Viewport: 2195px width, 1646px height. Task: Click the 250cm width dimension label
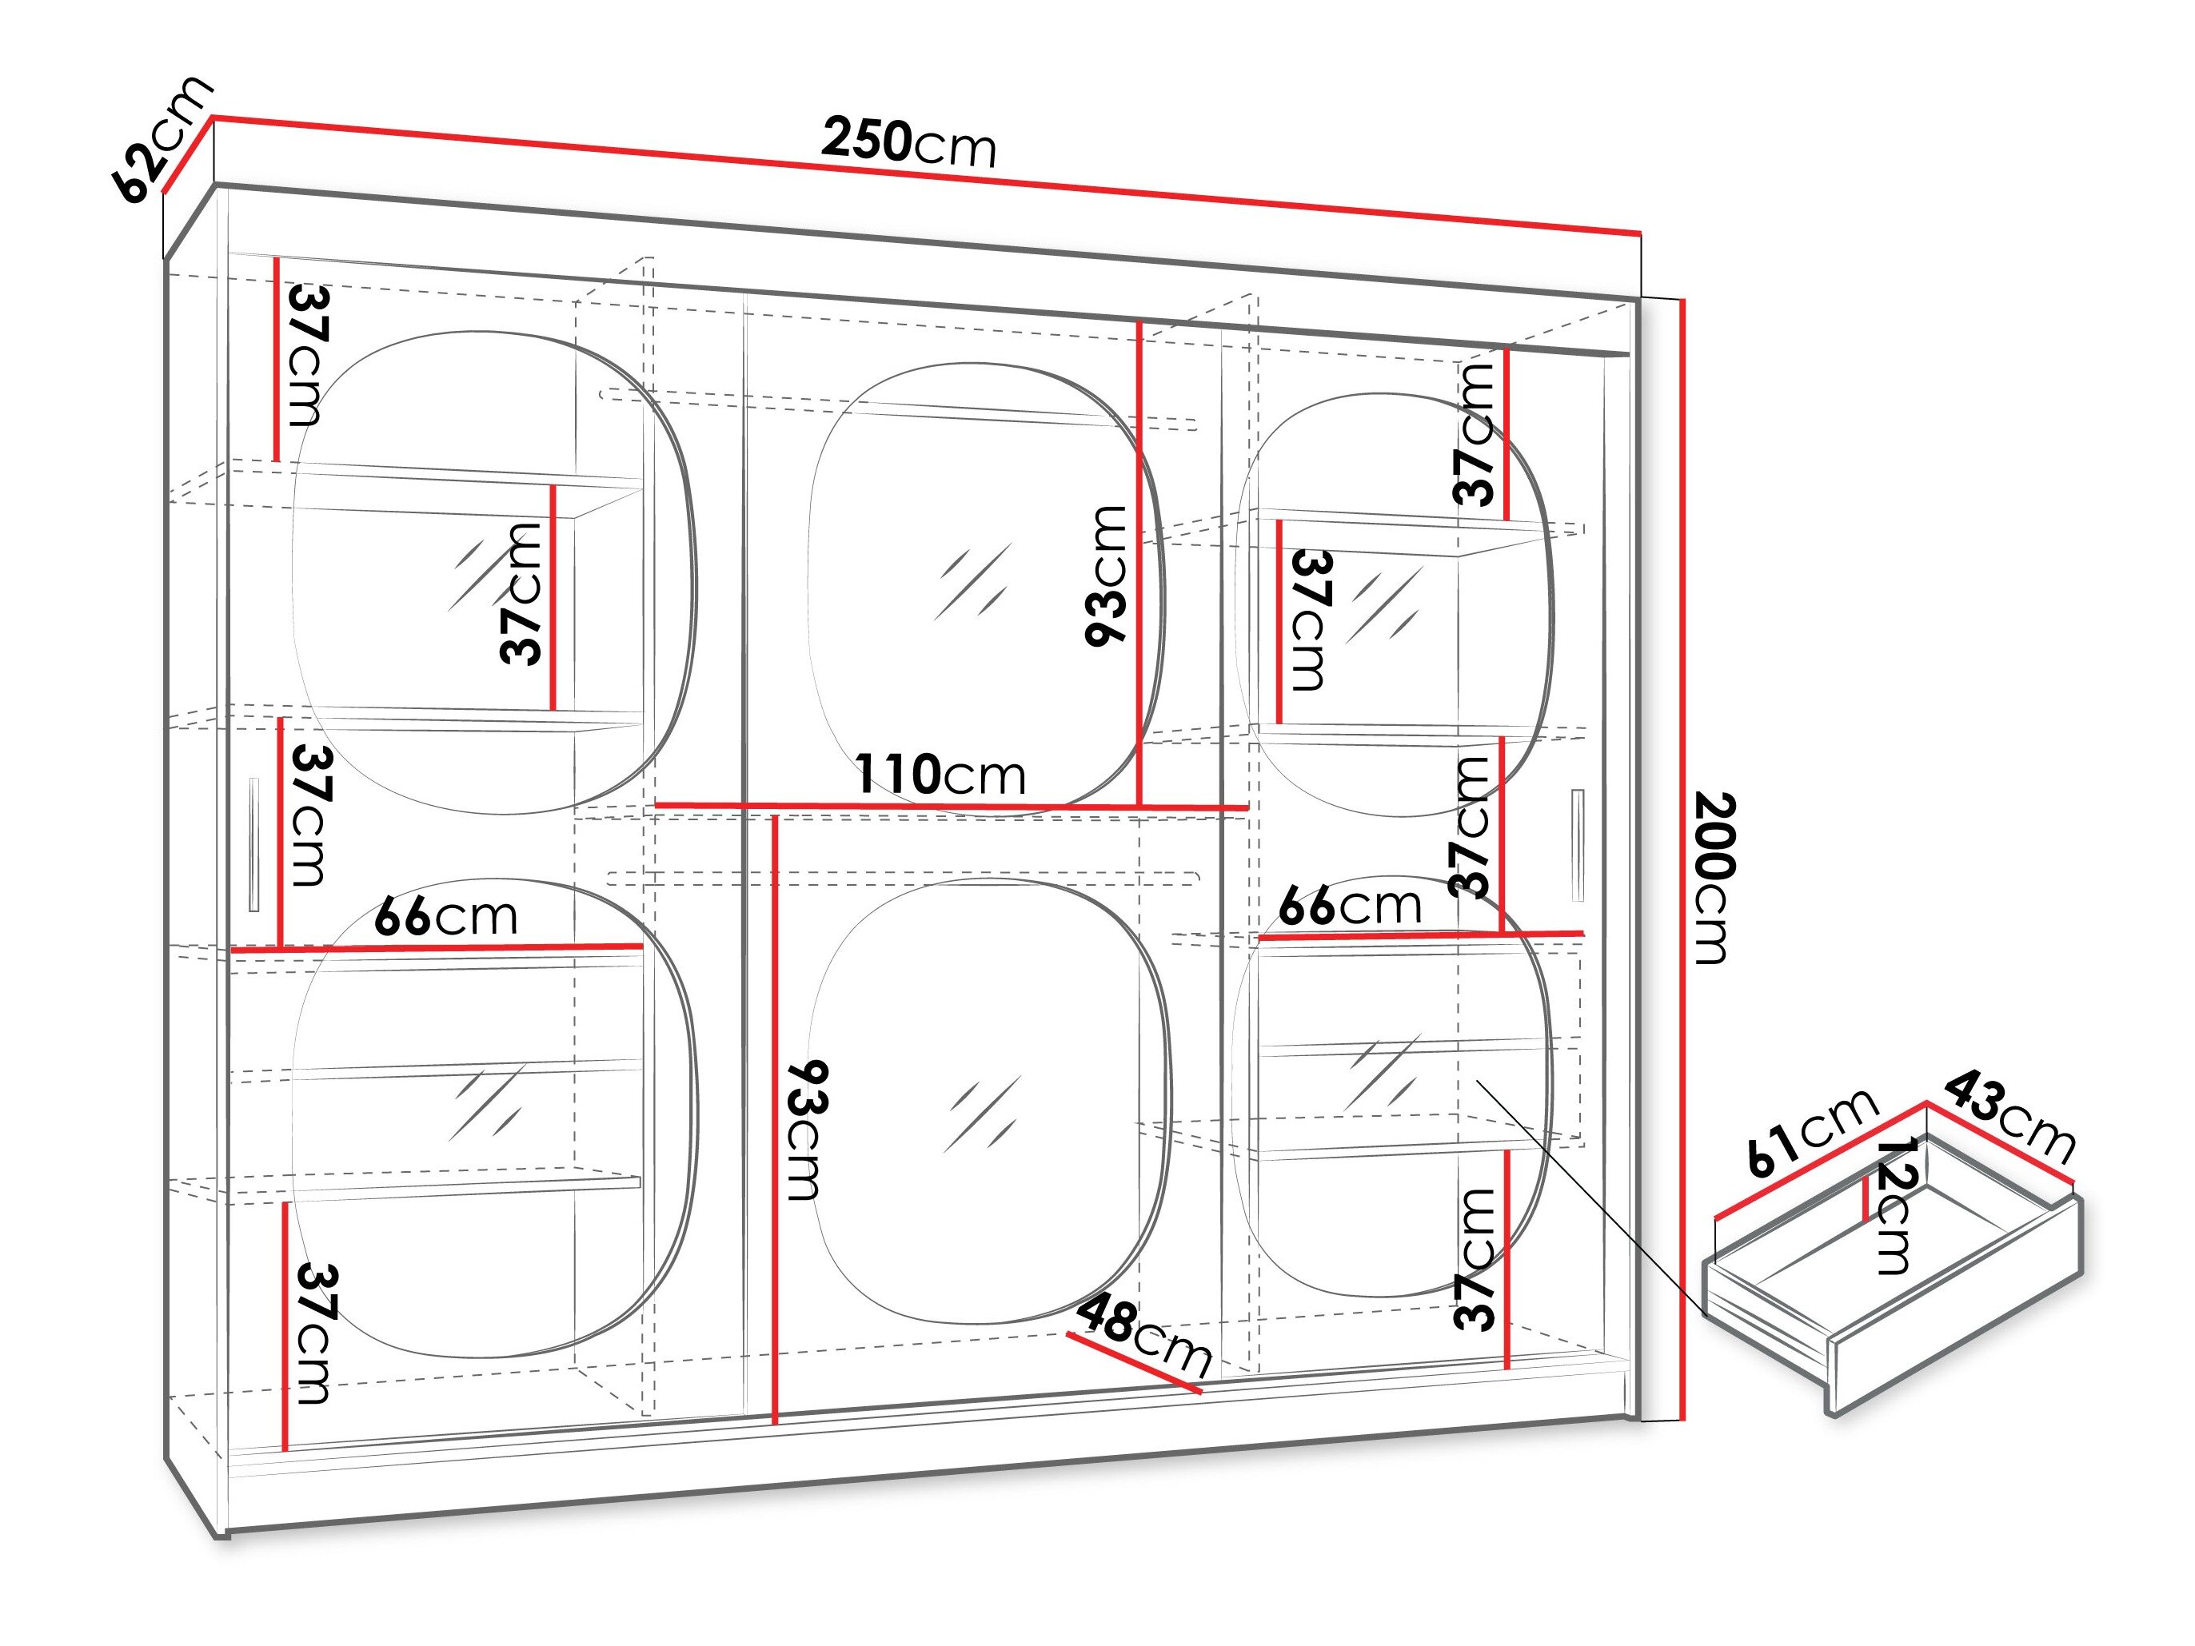pos(908,141)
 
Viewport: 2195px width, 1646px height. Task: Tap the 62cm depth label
pos(161,137)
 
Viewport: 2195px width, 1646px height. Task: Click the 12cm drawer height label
pos(1894,1206)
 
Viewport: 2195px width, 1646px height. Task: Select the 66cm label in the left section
pos(445,916)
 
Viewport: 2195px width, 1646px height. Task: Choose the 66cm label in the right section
pos(1350,905)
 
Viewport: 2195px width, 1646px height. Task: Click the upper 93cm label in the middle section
pos(1107,576)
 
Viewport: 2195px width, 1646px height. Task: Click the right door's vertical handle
pos(1578,845)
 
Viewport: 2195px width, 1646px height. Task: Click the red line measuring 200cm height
pos(1683,859)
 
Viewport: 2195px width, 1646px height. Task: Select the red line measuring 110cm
pos(951,807)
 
